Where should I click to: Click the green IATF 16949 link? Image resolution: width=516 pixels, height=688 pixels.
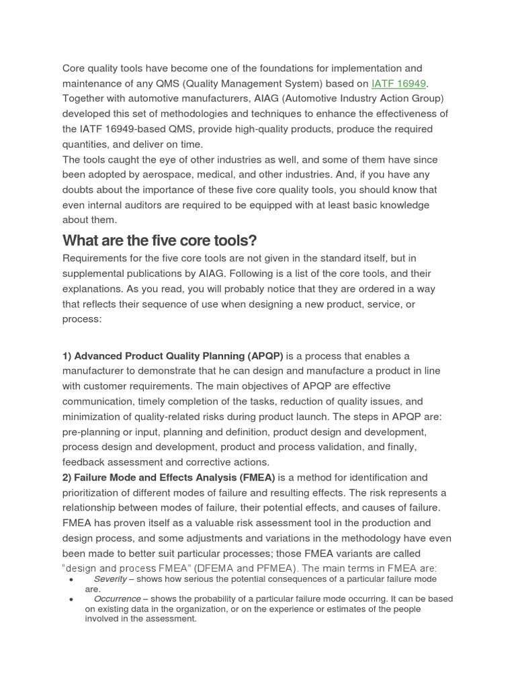[x=399, y=83]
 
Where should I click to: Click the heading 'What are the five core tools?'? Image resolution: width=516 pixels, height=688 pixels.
[x=159, y=241]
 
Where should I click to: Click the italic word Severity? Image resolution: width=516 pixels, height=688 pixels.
[x=110, y=579]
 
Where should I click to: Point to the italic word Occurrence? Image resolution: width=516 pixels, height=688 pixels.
[x=117, y=599]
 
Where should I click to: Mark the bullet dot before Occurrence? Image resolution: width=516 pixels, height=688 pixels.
[x=71, y=599]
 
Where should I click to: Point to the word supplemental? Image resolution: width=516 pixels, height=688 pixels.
[x=95, y=274]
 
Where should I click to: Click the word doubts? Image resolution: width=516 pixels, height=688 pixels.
[x=81, y=190]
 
